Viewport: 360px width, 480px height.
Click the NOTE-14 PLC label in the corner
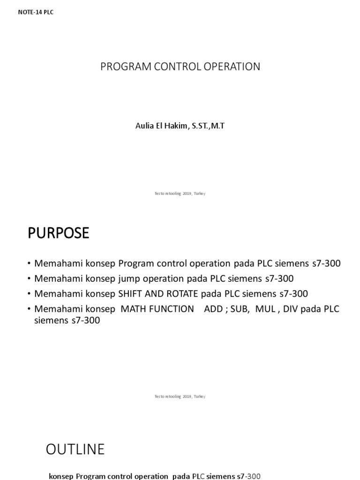(x=36, y=12)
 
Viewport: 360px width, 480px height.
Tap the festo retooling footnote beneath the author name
(x=180, y=194)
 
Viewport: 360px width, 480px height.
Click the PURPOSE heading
(x=58, y=233)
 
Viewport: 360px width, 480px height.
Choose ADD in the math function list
(x=213, y=309)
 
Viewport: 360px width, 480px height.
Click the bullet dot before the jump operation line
(x=30, y=279)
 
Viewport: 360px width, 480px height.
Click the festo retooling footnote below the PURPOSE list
(x=180, y=397)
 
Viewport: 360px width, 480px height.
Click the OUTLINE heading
(x=75, y=450)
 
